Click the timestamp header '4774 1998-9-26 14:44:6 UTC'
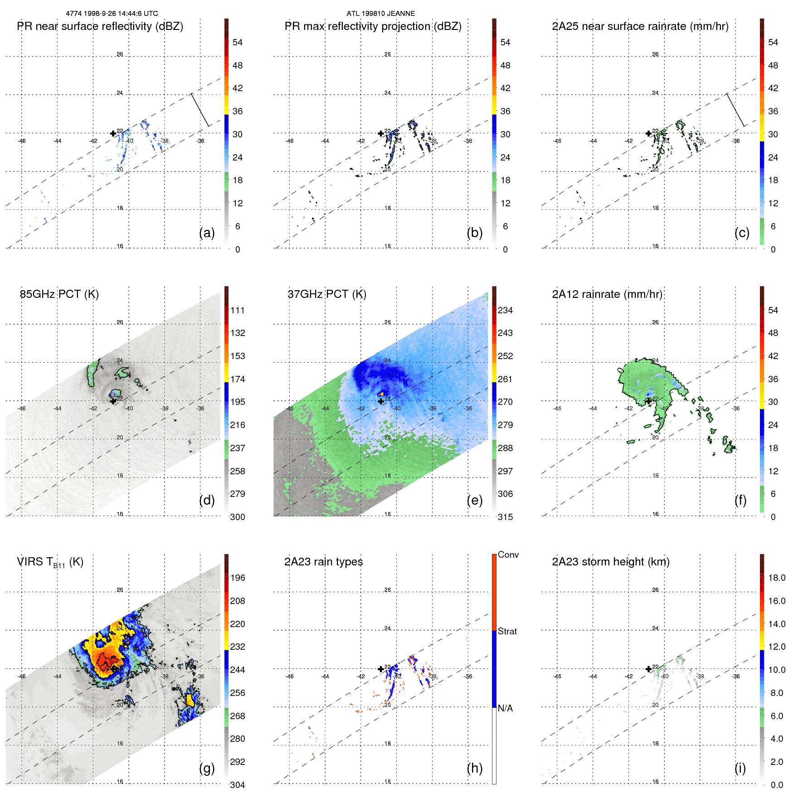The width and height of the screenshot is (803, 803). click(x=112, y=14)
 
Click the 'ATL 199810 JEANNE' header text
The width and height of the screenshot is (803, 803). click(x=380, y=14)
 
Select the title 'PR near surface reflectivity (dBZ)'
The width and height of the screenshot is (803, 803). click(x=100, y=26)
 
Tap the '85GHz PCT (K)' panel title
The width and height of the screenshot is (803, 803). click(x=59, y=294)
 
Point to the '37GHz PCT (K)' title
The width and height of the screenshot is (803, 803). click(x=327, y=294)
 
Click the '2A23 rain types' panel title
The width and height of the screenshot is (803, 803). click(x=323, y=562)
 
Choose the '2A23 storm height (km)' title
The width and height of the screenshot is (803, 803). click(x=611, y=562)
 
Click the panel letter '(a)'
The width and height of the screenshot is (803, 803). click(x=207, y=233)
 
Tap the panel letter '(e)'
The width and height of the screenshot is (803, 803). click(x=474, y=500)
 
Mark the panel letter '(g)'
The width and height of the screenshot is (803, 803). click(x=207, y=768)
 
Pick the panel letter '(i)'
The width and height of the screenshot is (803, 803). click(x=740, y=768)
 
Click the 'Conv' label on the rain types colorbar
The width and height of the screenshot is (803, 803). click(x=508, y=555)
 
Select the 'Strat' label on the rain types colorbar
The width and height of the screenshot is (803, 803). click(x=507, y=631)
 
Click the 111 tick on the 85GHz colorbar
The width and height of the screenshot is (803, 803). click(x=238, y=310)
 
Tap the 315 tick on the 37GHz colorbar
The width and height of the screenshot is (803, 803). click(x=505, y=517)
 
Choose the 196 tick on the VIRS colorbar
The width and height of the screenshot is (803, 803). click(x=238, y=578)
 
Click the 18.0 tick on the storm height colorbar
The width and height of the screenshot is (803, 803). click(x=777, y=578)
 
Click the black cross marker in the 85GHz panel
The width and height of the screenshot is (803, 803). click(x=113, y=401)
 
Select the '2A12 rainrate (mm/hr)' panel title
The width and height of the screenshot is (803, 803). click(x=607, y=294)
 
